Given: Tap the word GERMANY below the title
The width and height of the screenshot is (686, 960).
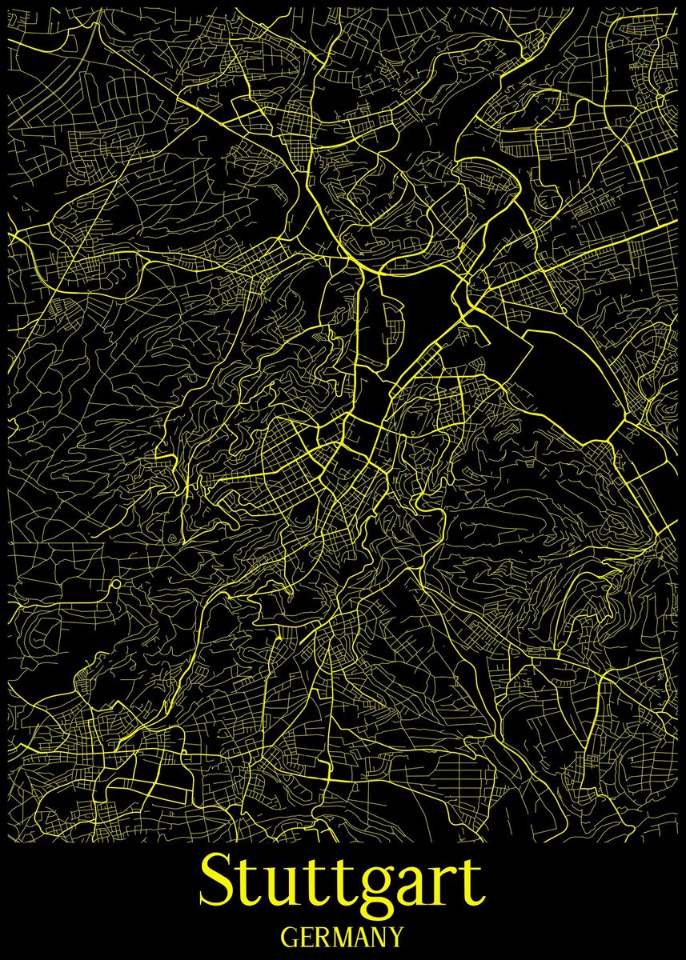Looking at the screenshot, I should (x=343, y=935).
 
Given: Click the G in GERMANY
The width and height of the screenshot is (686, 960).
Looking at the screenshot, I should (x=291, y=935).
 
